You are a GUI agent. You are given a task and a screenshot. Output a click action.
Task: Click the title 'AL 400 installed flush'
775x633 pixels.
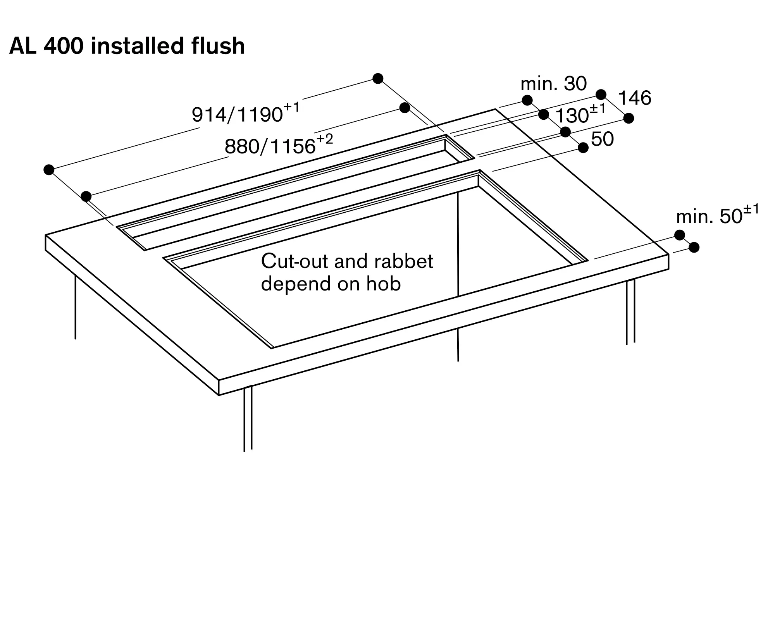tap(127, 46)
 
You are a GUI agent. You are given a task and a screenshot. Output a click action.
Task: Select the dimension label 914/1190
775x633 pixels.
tap(237, 115)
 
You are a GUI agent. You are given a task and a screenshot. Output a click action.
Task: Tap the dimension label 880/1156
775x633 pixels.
tap(270, 146)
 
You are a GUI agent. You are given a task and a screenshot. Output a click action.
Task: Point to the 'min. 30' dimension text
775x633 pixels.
tap(553, 84)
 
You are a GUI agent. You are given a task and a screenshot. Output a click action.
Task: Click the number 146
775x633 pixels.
tap(634, 98)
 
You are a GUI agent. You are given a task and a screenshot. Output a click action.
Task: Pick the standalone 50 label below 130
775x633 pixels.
tap(603, 139)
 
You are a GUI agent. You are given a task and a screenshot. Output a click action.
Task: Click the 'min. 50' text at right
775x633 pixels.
tap(709, 217)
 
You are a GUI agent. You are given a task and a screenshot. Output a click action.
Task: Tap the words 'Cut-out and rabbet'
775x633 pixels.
tap(347, 261)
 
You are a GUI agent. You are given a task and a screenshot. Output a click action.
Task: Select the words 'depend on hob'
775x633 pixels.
tap(331, 284)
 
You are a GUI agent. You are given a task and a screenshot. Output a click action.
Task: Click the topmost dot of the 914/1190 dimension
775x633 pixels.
tap(378, 79)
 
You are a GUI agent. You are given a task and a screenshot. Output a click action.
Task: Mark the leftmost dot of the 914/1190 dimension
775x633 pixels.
tap(49, 170)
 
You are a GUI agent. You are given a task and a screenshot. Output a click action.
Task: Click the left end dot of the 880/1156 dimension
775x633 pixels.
tap(86, 196)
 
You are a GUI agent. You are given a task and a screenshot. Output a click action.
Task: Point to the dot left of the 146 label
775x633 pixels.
tap(601, 94)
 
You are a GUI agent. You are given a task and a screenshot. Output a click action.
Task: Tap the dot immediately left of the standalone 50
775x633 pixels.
tap(583, 148)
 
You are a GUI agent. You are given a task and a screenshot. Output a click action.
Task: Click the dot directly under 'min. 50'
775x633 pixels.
tap(680, 235)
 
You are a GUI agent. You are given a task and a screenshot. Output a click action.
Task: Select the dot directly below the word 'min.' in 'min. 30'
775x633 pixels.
tap(527, 100)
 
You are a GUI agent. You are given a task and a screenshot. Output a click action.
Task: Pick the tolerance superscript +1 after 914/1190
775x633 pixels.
tap(292, 107)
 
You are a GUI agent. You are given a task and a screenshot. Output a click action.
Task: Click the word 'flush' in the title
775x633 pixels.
tap(218, 46)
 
